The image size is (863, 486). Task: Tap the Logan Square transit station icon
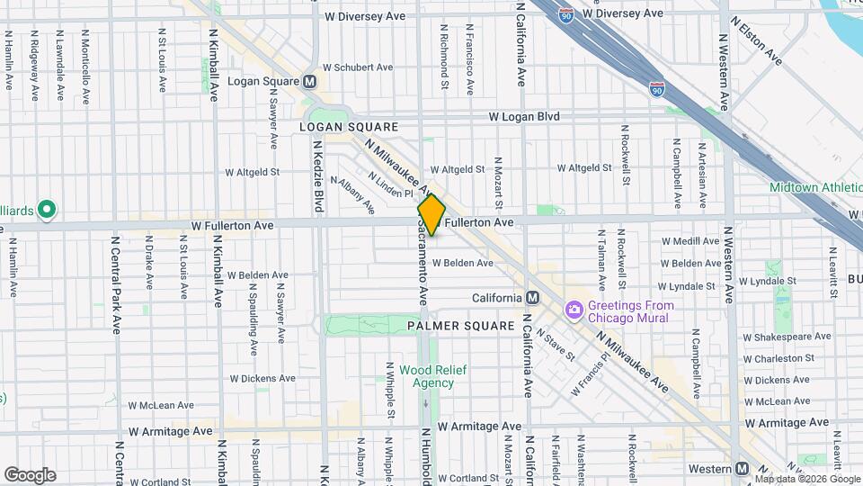pyautogui.click(x=310, y=81)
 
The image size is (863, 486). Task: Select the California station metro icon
pyautogui.click(x=533, y=298)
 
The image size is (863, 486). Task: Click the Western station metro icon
pyautogui.click(x=742, y=469)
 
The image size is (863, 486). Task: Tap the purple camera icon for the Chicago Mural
pyautogui.click(x=574, y=310)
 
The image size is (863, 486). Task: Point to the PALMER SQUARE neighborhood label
pyautogui.click(x=460, y=325)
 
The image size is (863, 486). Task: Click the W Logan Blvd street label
pyautogui.click(x=524, y=117)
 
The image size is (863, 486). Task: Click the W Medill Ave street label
pyautogui.click(x=690, y=241)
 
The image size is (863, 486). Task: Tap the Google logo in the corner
pyautogui.click(x=30, y=474)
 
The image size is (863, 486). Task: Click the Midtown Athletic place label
pyautogui.click(x=814, y=187)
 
